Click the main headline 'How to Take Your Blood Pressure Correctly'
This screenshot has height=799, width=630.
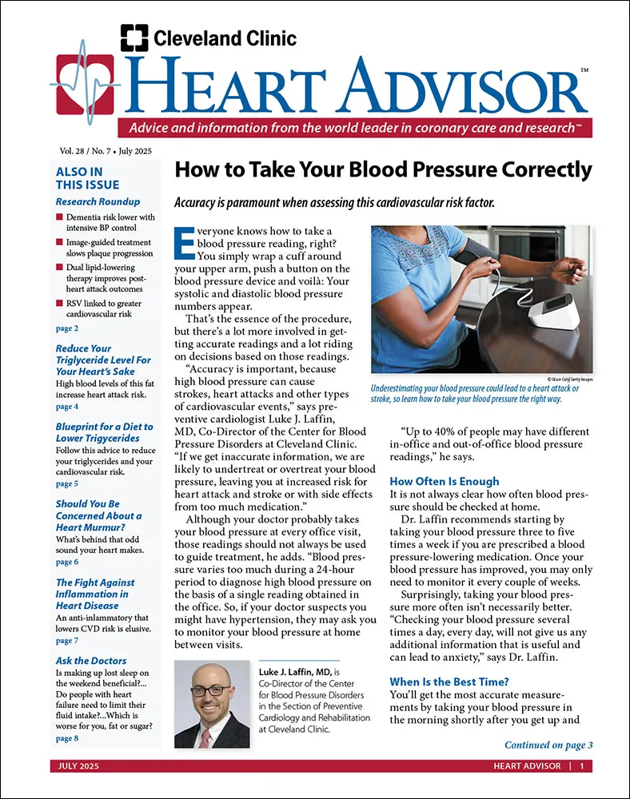[x=383, y=169]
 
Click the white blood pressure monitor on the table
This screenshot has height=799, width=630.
[x=552, y=310]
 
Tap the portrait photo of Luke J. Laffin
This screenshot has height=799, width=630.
[x=212, y=705]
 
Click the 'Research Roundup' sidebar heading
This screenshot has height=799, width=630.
[x=98, y=201]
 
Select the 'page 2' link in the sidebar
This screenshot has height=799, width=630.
[x=67, y=328]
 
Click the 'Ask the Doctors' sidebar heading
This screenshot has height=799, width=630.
[x=91, y=661]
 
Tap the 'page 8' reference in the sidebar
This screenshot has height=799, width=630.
[x=67, y=739]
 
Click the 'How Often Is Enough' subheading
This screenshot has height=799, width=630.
[x=444, y=482]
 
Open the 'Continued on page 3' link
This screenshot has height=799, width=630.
[x=548, y=745]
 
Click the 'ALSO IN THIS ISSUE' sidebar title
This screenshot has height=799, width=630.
[x=79, y=177]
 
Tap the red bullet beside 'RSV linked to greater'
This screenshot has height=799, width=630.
[x=60, y=304]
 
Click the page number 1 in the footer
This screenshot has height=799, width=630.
[x=581, y=767]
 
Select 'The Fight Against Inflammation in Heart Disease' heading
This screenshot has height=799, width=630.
[x=95, y=594]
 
